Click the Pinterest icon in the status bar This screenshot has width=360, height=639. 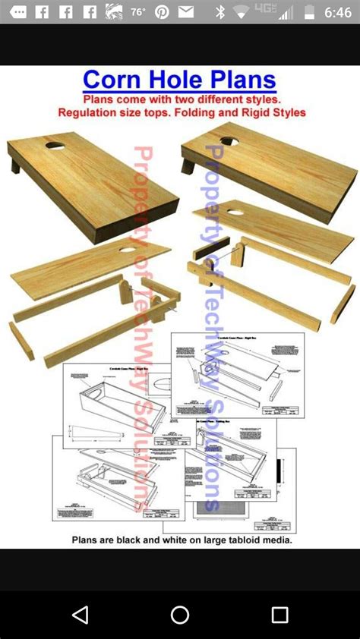tap(162, 12)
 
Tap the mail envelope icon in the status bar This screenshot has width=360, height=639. tap(185, 12)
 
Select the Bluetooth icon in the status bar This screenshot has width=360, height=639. tap(220, 12)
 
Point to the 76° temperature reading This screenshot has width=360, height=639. tap(138, 12)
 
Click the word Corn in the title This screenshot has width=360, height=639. tap(114, 80)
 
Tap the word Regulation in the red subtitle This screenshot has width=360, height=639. tap(90, 112)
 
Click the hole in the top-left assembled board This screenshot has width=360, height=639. tap(55, 143)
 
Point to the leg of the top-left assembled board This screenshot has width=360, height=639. tap(15, 164)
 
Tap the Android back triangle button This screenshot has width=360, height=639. tap(80, 614)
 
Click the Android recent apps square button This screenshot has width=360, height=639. tap(279, 614)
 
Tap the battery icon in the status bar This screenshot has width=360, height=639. tap(309, 12)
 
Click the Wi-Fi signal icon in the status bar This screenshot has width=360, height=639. tap(242, 12)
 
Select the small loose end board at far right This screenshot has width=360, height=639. tap(343, 304)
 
